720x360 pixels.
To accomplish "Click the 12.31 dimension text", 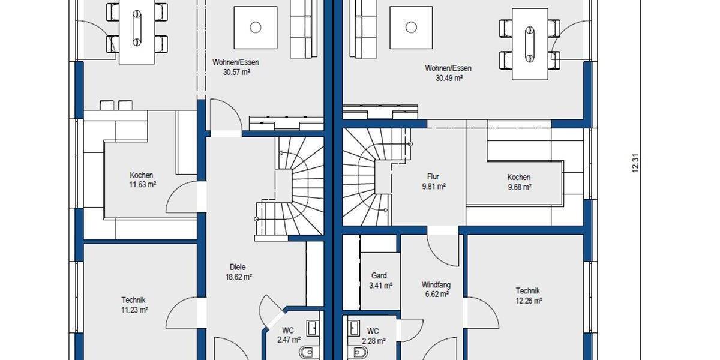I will (x=635, y=164).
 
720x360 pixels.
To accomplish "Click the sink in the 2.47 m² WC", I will (x=313, y=328).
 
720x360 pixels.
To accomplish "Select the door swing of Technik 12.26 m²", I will (x=481, y=312).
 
